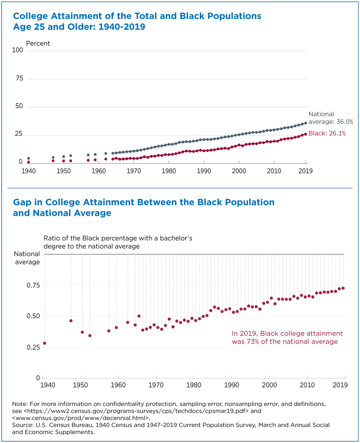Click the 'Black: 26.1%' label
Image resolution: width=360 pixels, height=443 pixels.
click(x=327, y=133)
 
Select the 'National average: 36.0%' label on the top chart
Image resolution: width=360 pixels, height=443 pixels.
click(x=331, y=118)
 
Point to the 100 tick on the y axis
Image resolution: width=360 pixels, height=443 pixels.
click(x=18, y=50)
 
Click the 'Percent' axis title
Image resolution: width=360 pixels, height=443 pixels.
click(x=38, y=44)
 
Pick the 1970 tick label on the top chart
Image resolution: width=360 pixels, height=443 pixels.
click(x=134, y=171)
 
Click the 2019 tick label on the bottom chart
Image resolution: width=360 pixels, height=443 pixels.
click(x=340, y=385)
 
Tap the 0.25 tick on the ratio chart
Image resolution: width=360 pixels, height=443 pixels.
click(x=33, y=347)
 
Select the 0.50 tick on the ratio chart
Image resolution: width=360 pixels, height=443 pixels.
click(x=33, y=316)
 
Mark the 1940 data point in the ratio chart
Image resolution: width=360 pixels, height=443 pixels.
click(x=45, y=343)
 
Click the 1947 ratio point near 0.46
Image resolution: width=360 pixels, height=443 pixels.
click(x=71, y=321)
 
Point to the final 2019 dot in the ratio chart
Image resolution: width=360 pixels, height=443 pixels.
click(x=343, y=288)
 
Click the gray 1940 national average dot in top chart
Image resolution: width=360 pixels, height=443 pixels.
click(x=28, y=158)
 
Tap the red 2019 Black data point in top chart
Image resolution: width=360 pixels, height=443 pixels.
click(x=306, y=134)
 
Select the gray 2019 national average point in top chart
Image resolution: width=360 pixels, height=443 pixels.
click(x=306, y=123)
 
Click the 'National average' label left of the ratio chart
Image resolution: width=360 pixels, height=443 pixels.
click(x=27, y=258)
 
